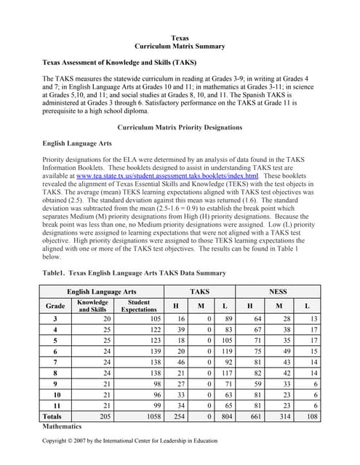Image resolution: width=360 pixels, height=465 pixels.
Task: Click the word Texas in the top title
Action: (x=180, y=37)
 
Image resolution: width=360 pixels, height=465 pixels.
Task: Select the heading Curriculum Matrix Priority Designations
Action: (x=180, y=128)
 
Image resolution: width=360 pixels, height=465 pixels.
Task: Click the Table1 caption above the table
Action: (x=135, y=273)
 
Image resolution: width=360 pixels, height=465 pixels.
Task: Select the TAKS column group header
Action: (x=199, y=291)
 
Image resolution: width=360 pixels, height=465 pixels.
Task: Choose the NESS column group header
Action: (x=278, y=291)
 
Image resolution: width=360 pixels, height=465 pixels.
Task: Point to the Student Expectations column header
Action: (x=138, y=306)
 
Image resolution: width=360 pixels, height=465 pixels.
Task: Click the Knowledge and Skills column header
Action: (x=93, y=306)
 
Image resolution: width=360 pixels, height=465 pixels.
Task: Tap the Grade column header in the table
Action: (x=55, y=306)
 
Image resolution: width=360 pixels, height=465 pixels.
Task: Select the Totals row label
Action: (x=52, y=417)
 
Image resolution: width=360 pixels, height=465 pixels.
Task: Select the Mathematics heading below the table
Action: (x=63, y=428)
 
